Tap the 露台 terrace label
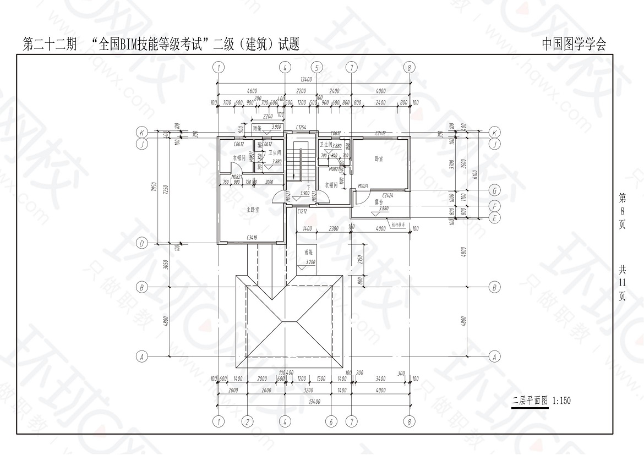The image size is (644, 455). click(x=379, y=202)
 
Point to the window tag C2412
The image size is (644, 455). click(x=380, y=133)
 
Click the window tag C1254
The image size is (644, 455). click(x=301, y=128)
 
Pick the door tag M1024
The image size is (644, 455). click(x=363, y=187)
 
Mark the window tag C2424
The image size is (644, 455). click(x=388, y=195)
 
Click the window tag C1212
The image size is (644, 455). click(x=302, y=211)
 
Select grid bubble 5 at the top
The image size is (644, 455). click(x=316, y=67)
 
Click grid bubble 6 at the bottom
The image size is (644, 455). click(x=331, y=421)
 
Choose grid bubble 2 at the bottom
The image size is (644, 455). click(x=248, y=421)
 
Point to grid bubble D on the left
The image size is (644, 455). click(x=141, y=243)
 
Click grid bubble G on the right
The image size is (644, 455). click(x=495, y=190)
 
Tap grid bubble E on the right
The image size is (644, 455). click(x=495, y=218)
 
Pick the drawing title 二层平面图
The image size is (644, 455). click(x=530, y=401)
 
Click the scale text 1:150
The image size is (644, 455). click(x=561, y=401)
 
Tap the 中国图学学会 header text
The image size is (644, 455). click(x=574, y=44)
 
